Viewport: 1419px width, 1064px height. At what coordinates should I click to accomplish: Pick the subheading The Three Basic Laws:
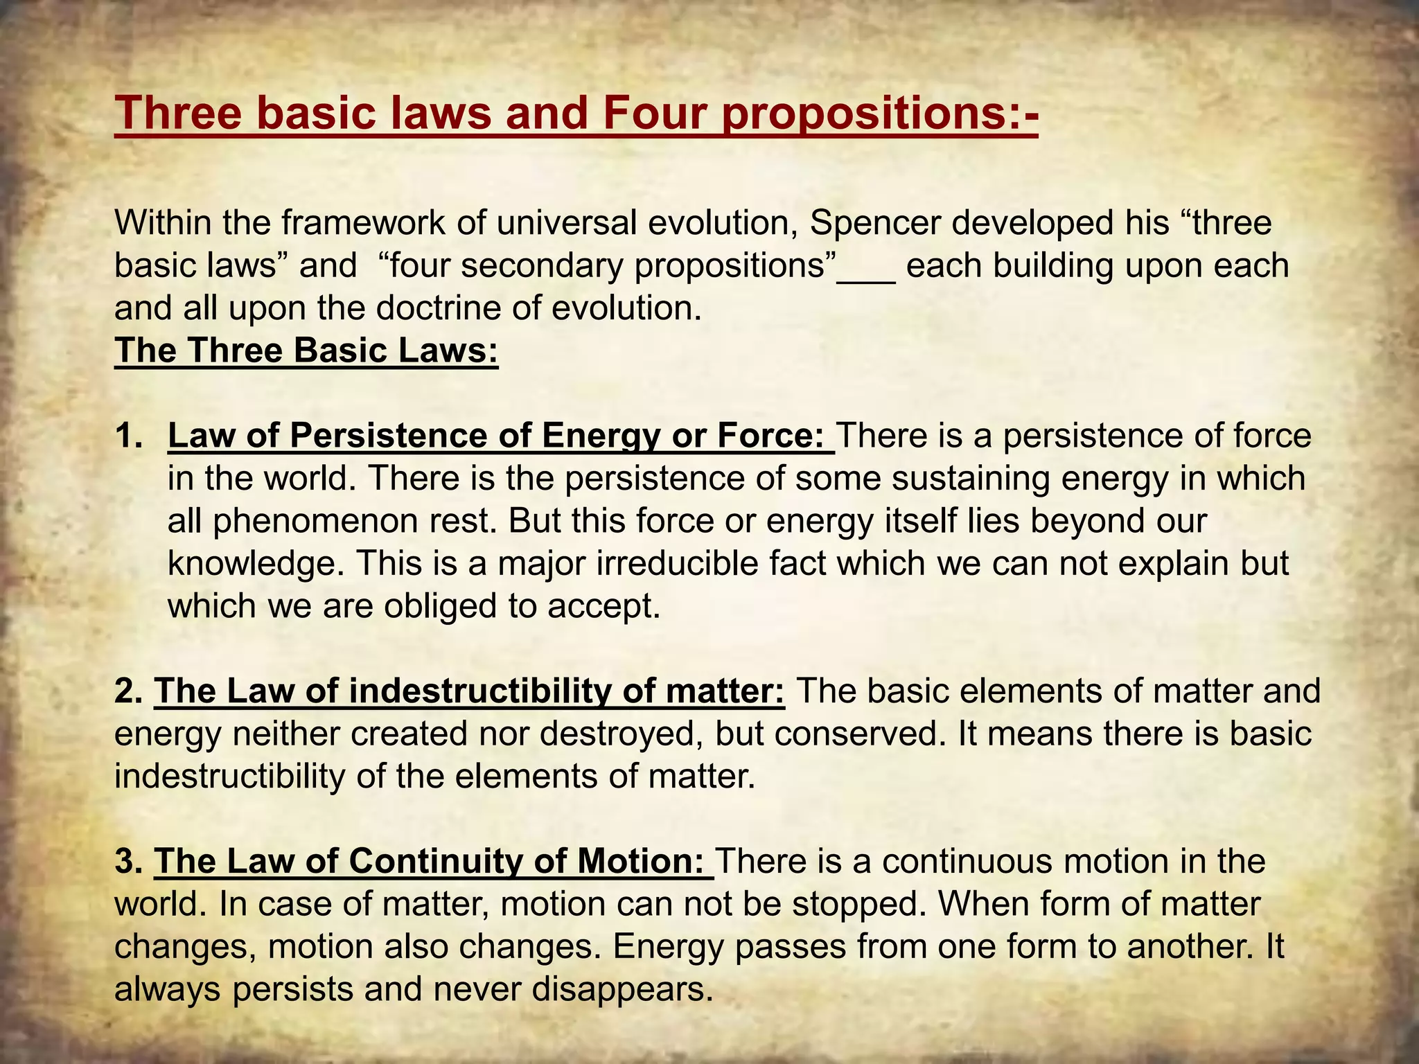click(x=306, y=350)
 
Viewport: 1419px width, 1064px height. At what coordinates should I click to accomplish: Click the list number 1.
click(x=132, y=436)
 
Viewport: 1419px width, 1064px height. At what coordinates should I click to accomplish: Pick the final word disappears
click(x=622, y=989)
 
